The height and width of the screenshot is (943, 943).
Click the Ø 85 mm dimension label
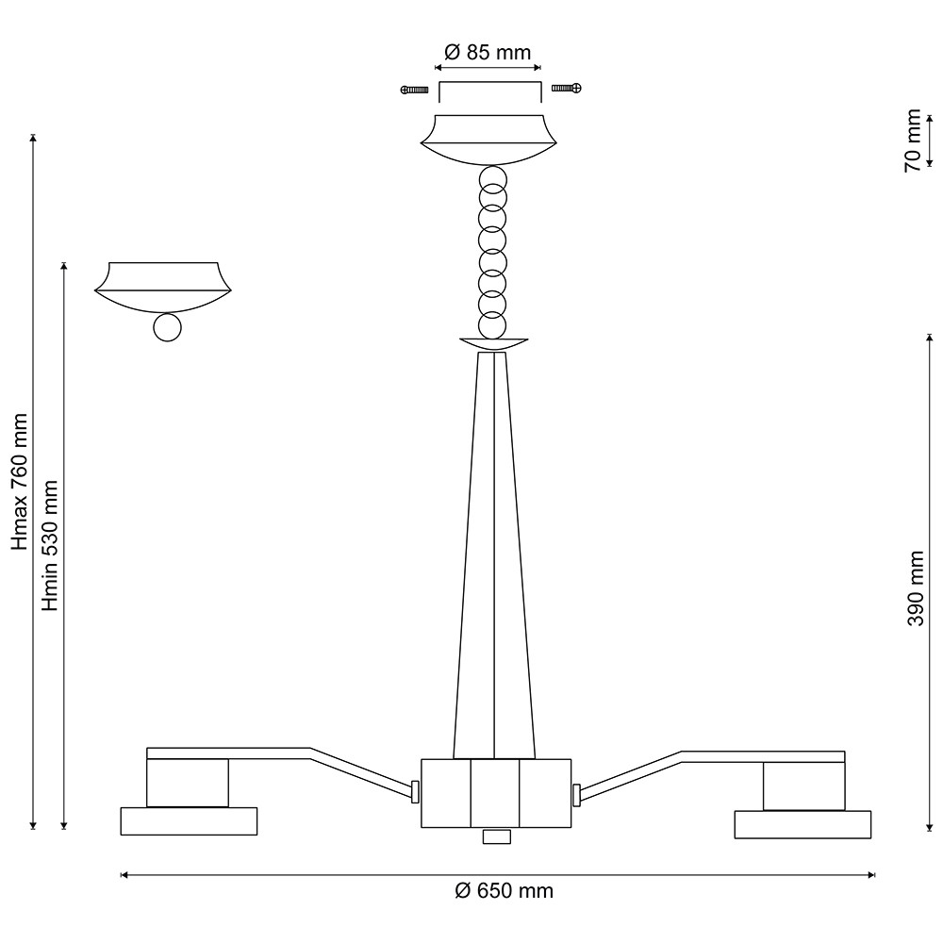488,52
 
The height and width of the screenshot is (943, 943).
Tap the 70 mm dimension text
913,141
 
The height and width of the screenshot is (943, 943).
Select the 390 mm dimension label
916,588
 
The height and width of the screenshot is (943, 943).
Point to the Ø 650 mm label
504,891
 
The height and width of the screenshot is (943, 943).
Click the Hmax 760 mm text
21,482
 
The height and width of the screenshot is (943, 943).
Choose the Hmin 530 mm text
49,545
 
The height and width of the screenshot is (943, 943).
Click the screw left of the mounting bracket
414,91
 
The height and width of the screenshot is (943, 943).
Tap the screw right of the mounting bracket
567,89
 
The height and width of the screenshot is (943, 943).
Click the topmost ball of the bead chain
493,180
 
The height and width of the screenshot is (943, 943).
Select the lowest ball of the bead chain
492,326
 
